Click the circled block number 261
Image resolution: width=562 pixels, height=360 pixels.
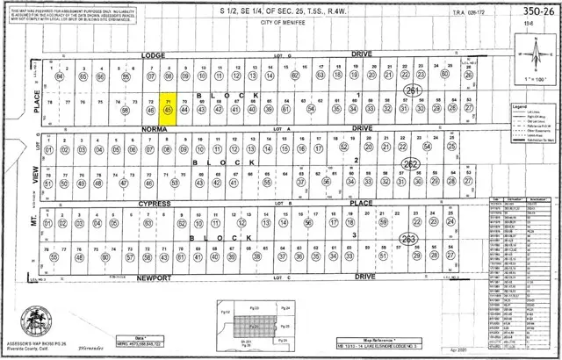[412, 90]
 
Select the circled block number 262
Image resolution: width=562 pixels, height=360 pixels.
[410, 164]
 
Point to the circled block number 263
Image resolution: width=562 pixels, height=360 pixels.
[407, 238]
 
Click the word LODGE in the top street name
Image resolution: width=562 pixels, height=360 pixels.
[154, 55]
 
